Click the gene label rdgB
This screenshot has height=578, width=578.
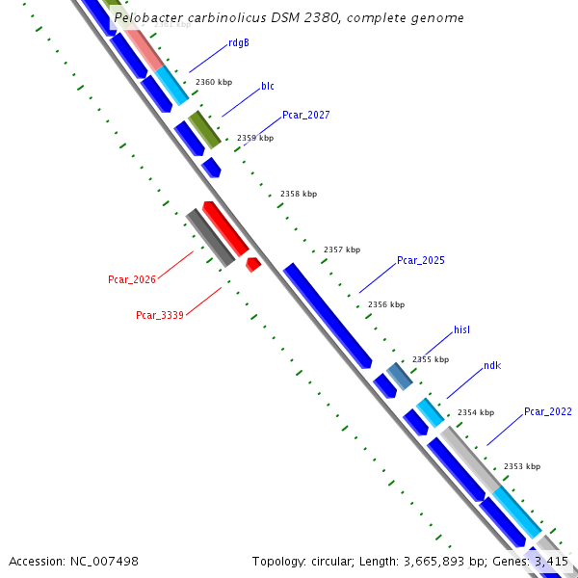click(239, 43)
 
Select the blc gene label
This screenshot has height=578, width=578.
click(268, 86)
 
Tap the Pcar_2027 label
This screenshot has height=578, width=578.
click(306, 115)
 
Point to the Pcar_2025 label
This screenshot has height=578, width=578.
click(421, 261)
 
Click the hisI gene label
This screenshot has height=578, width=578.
click(462, 330)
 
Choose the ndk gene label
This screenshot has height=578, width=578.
click(492, 366)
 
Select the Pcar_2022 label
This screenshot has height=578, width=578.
click(548, 412)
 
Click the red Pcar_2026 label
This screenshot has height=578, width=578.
click(132, 280)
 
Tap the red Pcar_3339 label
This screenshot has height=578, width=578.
click(160, 315)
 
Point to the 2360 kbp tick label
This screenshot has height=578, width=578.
click(214, 83)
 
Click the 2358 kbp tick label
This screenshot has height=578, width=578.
click(299, 195)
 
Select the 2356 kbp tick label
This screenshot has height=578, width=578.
click(386, 305)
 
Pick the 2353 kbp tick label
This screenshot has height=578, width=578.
click(522, 467)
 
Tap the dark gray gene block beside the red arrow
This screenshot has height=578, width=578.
click(210, 237)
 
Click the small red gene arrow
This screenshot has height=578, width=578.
click(253, 264)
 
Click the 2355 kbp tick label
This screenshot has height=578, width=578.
click(431, 360)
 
